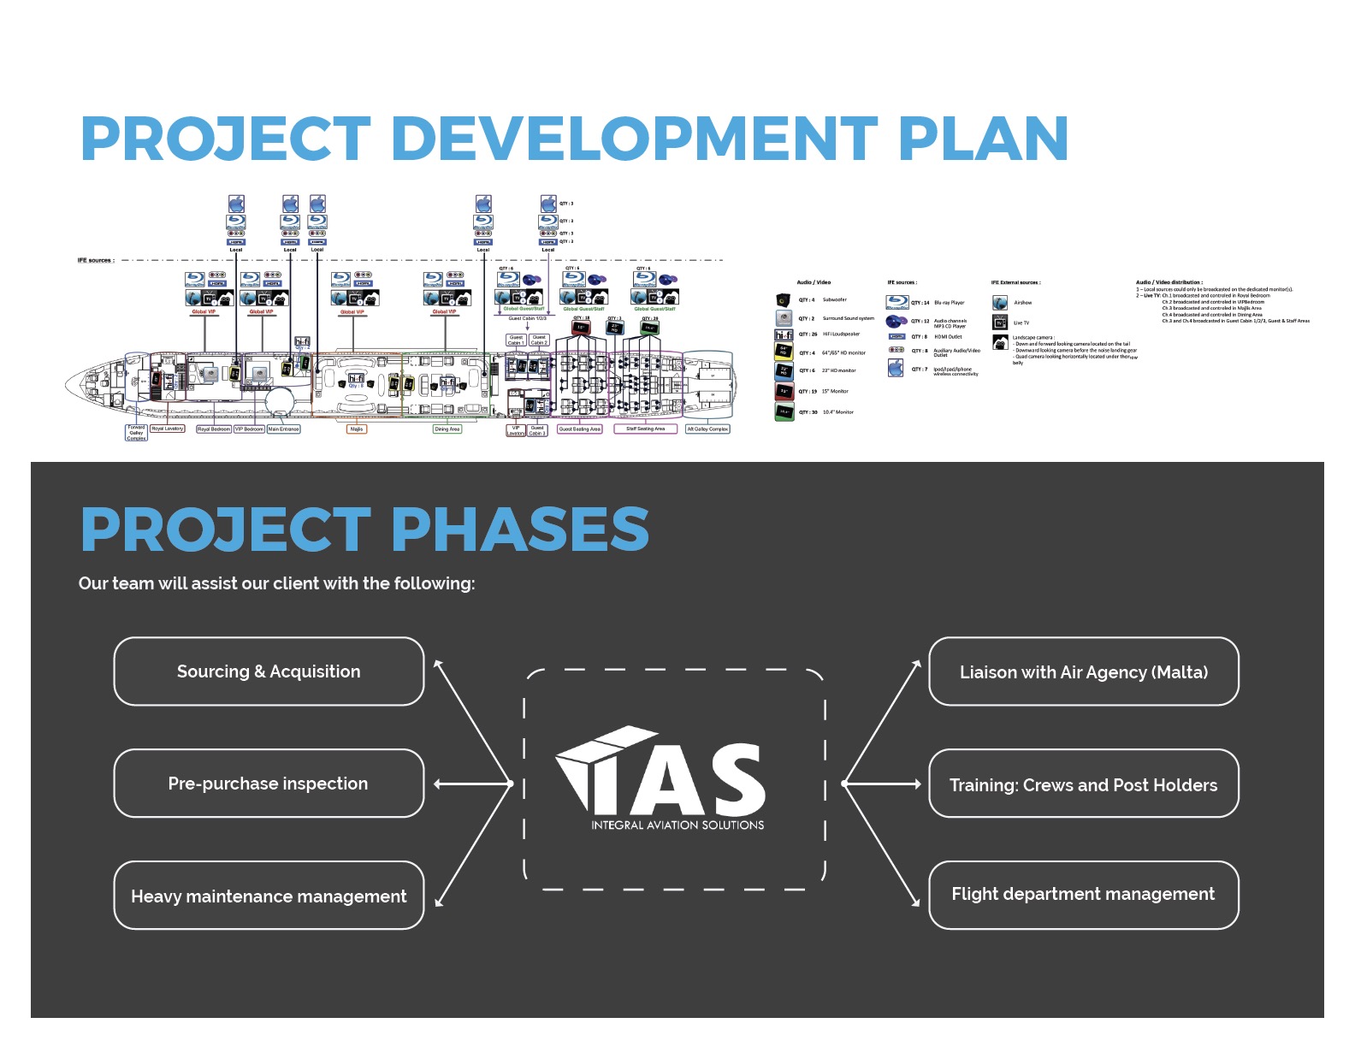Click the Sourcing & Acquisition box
tap(269, 671)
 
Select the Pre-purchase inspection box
tap(269, 784)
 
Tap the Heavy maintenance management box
tap(269, 896)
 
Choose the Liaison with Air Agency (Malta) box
tap(1084, 672)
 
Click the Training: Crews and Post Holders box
tap(1084, 784)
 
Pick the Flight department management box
tap(1084, 894)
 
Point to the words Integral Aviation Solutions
tap(677, 825)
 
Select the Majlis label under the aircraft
tap(357, 429)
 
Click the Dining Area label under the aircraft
tap(447, 429)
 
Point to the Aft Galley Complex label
tap(707, 429)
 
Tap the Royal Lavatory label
tap(168, 429)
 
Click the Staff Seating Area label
tap(645, 429)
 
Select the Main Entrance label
tap(284, 429)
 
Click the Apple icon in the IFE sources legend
tap(896, 369)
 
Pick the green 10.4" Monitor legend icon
tap(784, 412)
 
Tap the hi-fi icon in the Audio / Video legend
tap(784, 334)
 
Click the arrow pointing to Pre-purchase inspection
tap(439, 784)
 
